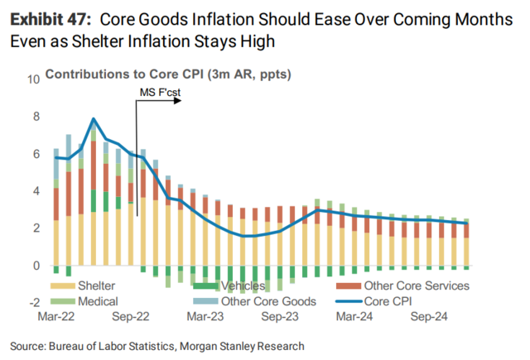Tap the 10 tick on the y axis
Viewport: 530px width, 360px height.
(34, 80)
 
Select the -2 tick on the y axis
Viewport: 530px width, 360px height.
(34, 302)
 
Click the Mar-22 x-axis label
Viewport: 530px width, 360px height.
(56, 316)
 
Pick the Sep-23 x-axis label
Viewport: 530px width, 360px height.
(279, 316)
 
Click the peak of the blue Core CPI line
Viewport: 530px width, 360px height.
(94, 119)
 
